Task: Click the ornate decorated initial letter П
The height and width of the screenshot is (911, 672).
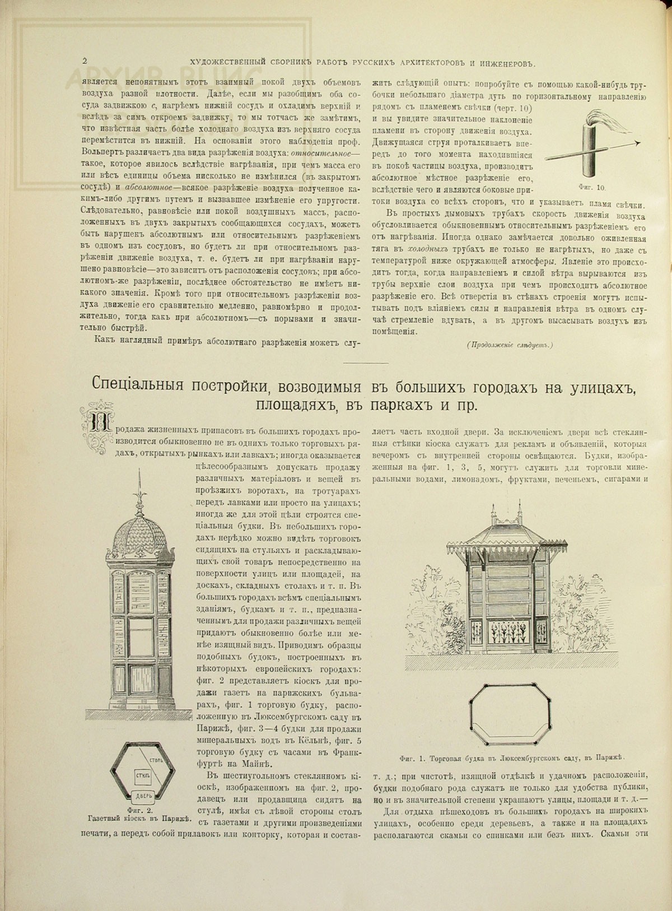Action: pyautogui.click(x=93, y=419)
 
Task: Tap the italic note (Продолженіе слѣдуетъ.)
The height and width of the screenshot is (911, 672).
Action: pyautogui.click(x=509, y=345)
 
